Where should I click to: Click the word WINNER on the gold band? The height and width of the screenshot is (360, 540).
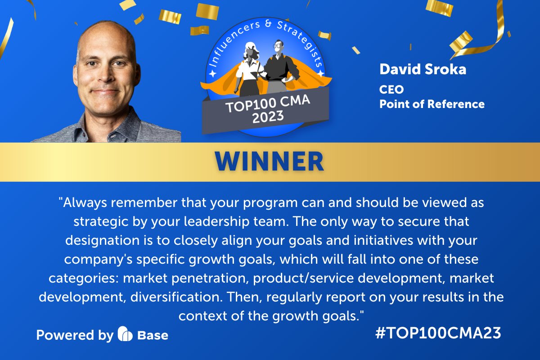pyautogui.click(x=270, y=162)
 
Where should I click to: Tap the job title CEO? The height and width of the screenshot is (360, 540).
pyautogui.click(x=391, y=90)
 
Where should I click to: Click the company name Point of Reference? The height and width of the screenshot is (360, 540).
pyautogui.click(x=432, y=104)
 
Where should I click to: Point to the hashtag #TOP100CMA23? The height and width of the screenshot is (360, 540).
pyautogui.click(x=437, y=333)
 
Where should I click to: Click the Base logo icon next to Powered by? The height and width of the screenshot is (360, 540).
pyautogui.click(x=124, y=334)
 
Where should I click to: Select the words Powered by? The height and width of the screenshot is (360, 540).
pyautogui.click(x=75, y=335)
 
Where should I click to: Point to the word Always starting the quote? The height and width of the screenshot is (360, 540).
pyautogui.click(x=86, y=203)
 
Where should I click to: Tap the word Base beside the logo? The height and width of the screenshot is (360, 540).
pyautogui.click(x=153, y=335)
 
